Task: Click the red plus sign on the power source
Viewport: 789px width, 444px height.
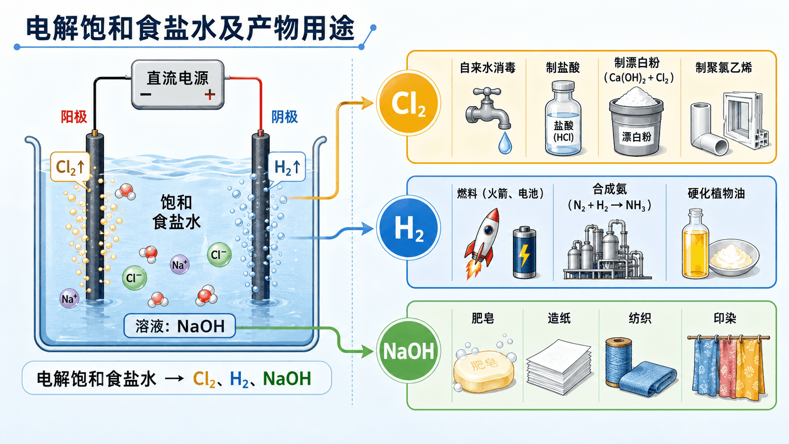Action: [x=210, y=94]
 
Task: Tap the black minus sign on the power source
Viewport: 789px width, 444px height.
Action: [x=145, y=94]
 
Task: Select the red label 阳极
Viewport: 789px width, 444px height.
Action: [x=74, y=117]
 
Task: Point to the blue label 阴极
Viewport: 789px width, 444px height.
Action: [x=284, y=117]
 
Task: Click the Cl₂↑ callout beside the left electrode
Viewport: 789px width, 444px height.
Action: [x=70, y=167]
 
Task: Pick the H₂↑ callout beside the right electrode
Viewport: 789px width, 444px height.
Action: [x=287, y=167]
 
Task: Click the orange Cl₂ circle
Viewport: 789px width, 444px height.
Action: [x=408, y=103]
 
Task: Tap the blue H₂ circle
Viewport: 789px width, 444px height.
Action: [x=408, y=228]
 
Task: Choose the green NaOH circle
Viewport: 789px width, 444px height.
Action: [x=408, y=351]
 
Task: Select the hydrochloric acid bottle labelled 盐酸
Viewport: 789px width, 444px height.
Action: [x=563, y=118]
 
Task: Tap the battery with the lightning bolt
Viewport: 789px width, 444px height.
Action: [x=524, y=252]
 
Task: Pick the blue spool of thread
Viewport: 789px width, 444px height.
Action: [x=619, y=361]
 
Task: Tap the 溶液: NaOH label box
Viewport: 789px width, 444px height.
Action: [x=180, y=326]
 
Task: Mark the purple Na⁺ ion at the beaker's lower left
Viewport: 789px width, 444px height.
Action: [x=69, y=299]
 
